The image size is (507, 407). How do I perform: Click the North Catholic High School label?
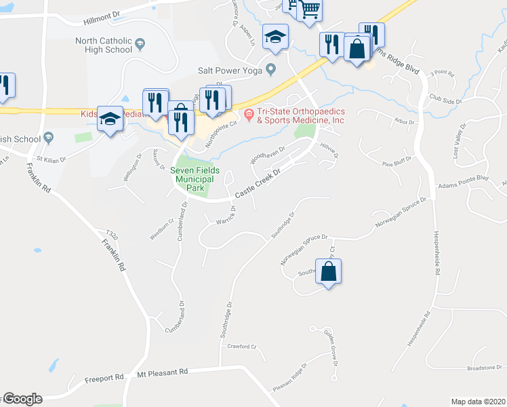104,45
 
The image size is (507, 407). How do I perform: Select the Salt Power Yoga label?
230,69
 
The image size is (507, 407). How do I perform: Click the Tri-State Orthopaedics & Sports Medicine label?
300,115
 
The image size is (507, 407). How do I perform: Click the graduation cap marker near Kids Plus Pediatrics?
110,119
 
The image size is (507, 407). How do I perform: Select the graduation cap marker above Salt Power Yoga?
276,37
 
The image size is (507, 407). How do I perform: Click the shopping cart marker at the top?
309,9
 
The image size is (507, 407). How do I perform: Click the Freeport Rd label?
104,377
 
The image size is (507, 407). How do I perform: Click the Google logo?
22,399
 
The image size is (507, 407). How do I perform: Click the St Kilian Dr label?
52,160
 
